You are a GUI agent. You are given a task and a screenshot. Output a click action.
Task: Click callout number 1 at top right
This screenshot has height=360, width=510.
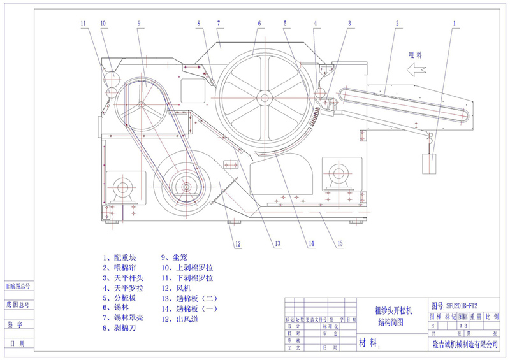click(x=455, y=24)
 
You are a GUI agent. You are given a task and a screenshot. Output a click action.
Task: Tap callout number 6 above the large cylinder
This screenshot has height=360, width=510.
click(x=260, y=24)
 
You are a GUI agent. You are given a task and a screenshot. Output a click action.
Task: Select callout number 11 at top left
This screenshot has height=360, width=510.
click(x=83, y=24)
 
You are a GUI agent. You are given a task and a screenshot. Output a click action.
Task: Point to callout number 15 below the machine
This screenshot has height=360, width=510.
click(x=340, y=243)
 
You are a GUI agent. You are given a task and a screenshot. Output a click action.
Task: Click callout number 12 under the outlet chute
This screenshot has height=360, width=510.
click(x=237, y=243)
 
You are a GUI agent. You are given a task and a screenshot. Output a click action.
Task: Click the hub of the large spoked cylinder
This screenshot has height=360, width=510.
click(x=263, y=97)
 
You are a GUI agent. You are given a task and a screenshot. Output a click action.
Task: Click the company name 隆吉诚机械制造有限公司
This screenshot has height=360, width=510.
click(x=464, y=344)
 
